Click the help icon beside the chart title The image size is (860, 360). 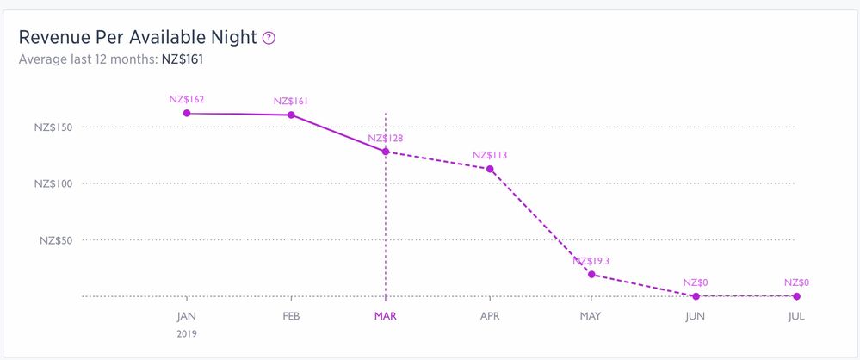[x=269, y=38]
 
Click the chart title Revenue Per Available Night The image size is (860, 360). [x=138, y=38]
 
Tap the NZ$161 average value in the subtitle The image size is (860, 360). [x=183, y=59]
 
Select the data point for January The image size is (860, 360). [x=187, y=113]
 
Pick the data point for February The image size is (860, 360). [x=291, y=115]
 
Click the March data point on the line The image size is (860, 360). [x=386, y=152]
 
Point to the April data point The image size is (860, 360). [x=490, y=169]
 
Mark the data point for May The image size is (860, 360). [x=591, y=275]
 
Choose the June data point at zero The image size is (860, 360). [x=695, y=296]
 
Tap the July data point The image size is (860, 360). [x=796, y=296]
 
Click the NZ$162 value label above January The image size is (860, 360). [x=187, y=99]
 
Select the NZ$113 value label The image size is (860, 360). [x=490, y=155]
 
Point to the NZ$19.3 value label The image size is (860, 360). [x=591, y=261]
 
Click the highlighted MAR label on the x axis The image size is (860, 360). [x=386, y=316]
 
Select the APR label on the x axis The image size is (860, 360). [x=490, y=316]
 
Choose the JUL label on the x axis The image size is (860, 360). [x=796, y=316]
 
